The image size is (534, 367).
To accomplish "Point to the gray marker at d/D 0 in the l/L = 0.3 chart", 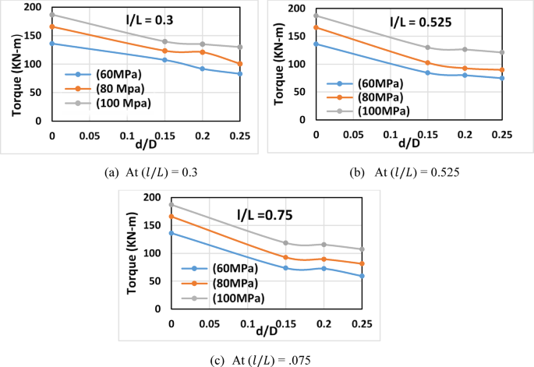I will tap(52, 15).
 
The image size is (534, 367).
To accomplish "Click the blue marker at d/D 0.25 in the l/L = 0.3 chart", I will tap(240, 74).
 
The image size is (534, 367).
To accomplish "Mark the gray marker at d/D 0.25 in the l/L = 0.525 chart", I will tap(502, 52).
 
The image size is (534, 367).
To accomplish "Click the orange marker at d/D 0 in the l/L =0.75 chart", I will tap(172, 217).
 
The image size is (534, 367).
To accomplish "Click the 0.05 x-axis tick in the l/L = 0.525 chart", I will tap(352, 134).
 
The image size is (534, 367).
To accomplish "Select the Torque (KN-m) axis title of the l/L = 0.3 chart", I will tap(16, 66).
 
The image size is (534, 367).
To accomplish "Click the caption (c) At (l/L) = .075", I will tap(267, 359).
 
